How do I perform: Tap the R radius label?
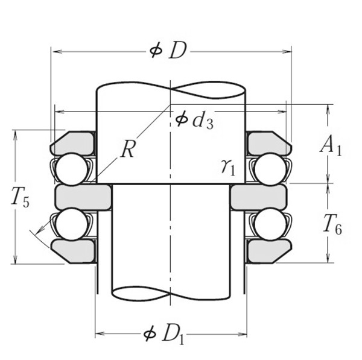(x=127, y=150)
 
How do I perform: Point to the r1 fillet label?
(x=228, y=166)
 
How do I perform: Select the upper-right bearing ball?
(x=270, y=168)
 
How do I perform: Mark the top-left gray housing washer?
(x=73, y=142)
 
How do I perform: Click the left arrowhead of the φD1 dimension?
(x=99, y=333)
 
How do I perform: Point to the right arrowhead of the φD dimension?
(x=288, y=52)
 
